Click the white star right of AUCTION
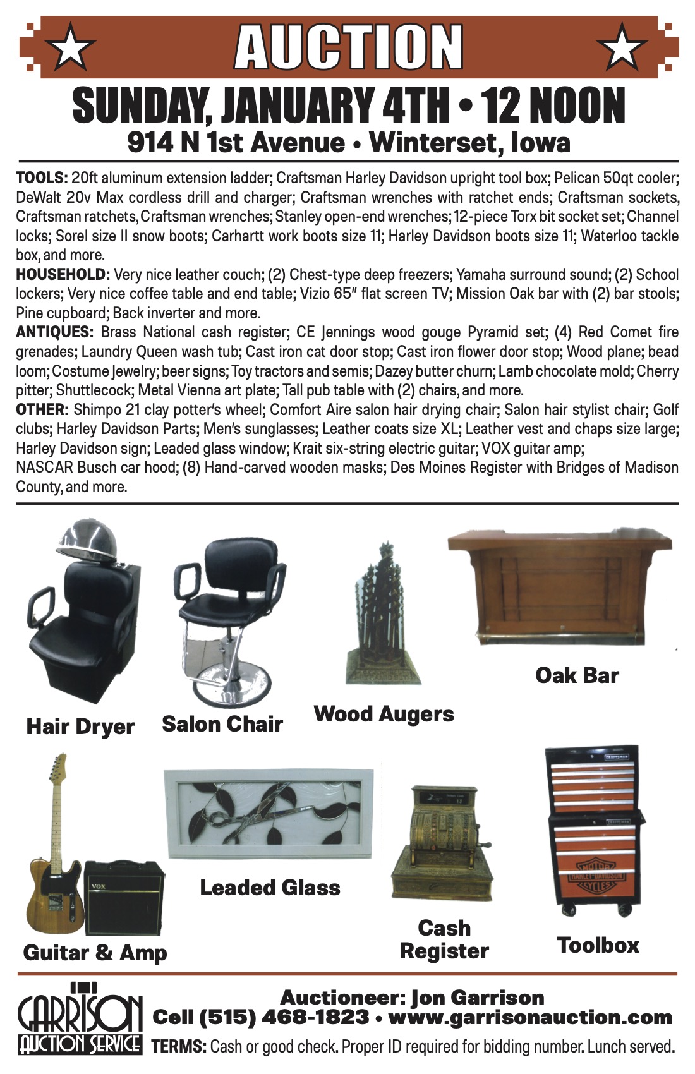point(622,47)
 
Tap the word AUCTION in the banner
point(348,47)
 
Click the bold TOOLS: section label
point(41,178)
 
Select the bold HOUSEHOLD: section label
point(63,275)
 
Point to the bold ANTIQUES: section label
point(54,332)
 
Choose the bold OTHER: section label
point(41,409)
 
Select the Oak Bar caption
point(577,675)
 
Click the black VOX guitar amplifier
point(124,896)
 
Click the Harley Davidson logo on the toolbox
point(596,876)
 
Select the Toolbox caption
point(598,945)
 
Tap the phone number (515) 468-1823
point(284,1017)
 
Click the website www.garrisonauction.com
point(530,1017)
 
